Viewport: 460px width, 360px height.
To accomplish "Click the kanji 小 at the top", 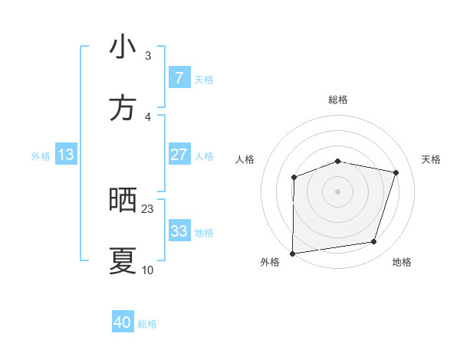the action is tap(123, 47).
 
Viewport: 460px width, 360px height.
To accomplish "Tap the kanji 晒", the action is tap(123, 200).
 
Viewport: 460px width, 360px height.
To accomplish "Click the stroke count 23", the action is tap(148, 209).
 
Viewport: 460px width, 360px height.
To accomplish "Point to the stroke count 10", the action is tap(148, 270).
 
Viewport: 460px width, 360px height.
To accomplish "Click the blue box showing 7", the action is tap(179, 77).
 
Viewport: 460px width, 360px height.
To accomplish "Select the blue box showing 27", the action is tap(179, 155).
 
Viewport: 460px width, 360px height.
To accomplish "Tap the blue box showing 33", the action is tap(179, 231).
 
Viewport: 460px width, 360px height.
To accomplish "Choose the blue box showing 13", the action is tap(66, 155).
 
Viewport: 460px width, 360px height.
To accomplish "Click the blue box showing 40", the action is tap(123, 322).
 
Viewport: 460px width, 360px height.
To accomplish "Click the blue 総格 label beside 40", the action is tap(147, 324).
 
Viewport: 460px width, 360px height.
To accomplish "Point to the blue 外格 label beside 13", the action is tap(41, 156).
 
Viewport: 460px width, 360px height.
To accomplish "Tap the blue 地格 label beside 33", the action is tap(204, 233).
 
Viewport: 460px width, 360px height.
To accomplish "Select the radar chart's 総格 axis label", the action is tap(338, 100).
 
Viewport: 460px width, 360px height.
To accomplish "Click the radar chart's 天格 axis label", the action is tap(432, 159).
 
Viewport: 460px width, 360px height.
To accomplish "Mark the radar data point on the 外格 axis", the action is tap(293, 254).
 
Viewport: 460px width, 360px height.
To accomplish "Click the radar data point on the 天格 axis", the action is tap(396, 172).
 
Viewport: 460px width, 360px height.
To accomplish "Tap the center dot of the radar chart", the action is tap(338, 191).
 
